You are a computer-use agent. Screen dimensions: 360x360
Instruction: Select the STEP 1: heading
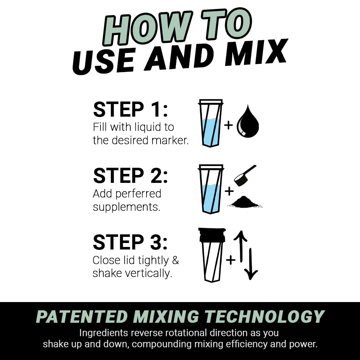tap(130, 110)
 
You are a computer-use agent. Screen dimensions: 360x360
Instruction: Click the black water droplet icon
tap(248, 122)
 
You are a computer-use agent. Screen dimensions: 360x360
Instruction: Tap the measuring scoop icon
tap(244, 175)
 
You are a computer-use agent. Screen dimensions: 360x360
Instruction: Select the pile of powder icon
tap(245, 202)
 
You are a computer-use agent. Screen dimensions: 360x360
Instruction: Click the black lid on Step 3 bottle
tap(212, 234)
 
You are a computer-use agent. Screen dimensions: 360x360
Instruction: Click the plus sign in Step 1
tap(228, 125)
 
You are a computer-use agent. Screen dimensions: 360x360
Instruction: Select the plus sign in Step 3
tap(230, 260)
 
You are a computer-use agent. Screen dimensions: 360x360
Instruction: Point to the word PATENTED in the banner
tap(82, 317)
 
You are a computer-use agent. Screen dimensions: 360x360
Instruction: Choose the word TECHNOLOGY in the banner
tap(265, 317)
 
